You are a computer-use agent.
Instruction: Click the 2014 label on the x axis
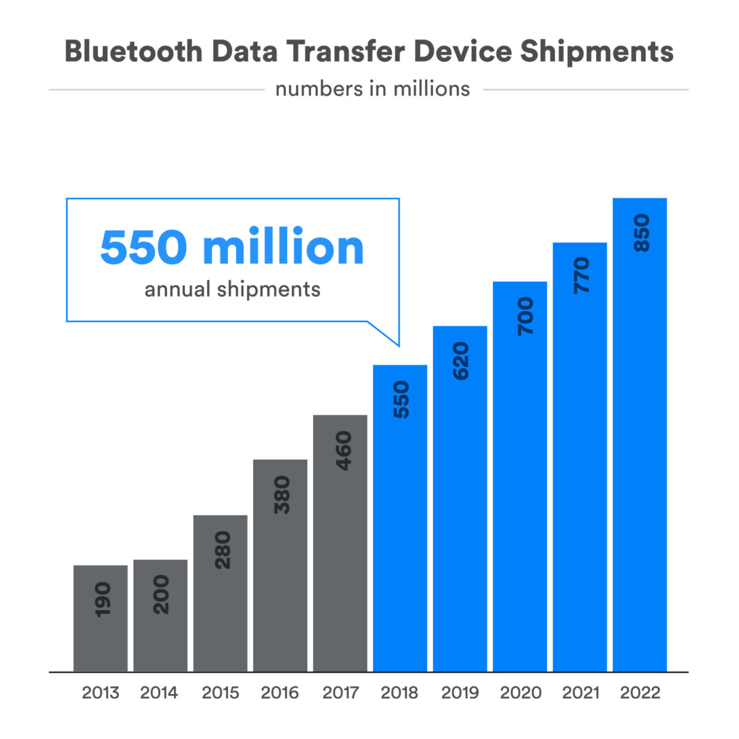pyautogui.click(x=159, y=693)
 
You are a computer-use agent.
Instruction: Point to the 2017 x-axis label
pyautogui.click(x=341, y=693)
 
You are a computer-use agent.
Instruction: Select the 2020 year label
pyautogui.click(x=520, y=693)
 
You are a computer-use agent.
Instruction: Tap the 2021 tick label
pyautogui.click(x=581, y=693)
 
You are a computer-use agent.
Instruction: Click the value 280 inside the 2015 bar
pyautogui.click(x=221, y=550)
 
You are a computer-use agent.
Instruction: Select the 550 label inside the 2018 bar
pyautogui.click(x=401, y=400)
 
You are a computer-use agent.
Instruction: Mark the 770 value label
pyautogui.click(x=581, y=276)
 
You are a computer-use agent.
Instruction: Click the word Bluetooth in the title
pyautogui.click(x=133, y=52)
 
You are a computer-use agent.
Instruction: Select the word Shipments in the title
pyautogui.click(x=596, y=52)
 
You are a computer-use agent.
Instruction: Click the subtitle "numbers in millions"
pyautogui.click(x=372, y=89)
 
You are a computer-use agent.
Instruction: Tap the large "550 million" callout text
pyautogui.click(x=232, y=248)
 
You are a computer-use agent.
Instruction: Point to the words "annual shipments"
pyautogui.click(x=232, y=289)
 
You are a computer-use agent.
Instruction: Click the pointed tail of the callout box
pyautogui.click(x=394, y=340)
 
